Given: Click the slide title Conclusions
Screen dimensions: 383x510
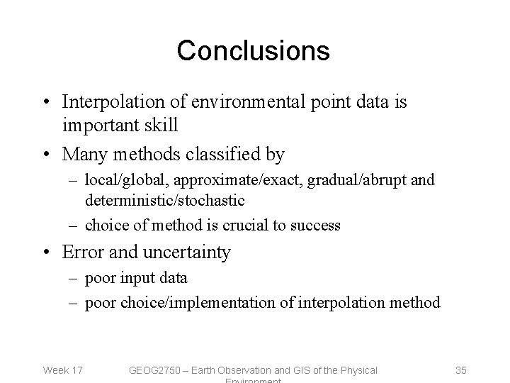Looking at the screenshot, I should tap(253, 50).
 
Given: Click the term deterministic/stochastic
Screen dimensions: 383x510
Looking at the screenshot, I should tap(164, 201).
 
